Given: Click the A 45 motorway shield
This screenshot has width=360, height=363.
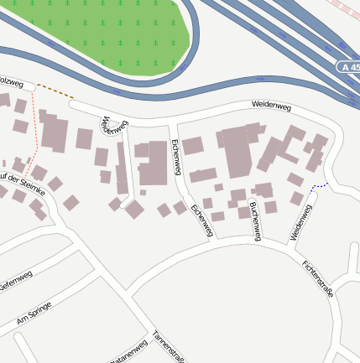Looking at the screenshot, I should click(x=347, y=66).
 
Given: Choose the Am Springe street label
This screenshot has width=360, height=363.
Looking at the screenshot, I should click(x=34, y=314).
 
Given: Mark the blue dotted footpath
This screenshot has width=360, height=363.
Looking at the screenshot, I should click(x=318, y=186).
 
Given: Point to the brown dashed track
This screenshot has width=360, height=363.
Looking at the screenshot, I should click(x=55, y=90).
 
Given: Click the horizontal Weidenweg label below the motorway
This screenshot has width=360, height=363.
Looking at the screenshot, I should click(x=270, y=105).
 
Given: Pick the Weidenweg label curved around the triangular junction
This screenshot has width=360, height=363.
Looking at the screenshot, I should click(x=111, y=126).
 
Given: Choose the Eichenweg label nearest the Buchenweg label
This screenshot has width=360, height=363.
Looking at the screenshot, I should click(x=201, y=220).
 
